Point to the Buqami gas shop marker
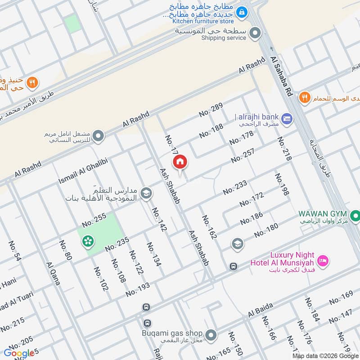210,335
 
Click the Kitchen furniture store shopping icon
242,12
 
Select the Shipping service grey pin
255,33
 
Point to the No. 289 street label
211,110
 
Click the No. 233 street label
235,187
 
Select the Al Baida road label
261,310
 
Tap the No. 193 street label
138,289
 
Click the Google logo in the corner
19,353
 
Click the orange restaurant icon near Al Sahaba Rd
305,97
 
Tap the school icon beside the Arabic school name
146,193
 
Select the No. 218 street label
284,148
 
